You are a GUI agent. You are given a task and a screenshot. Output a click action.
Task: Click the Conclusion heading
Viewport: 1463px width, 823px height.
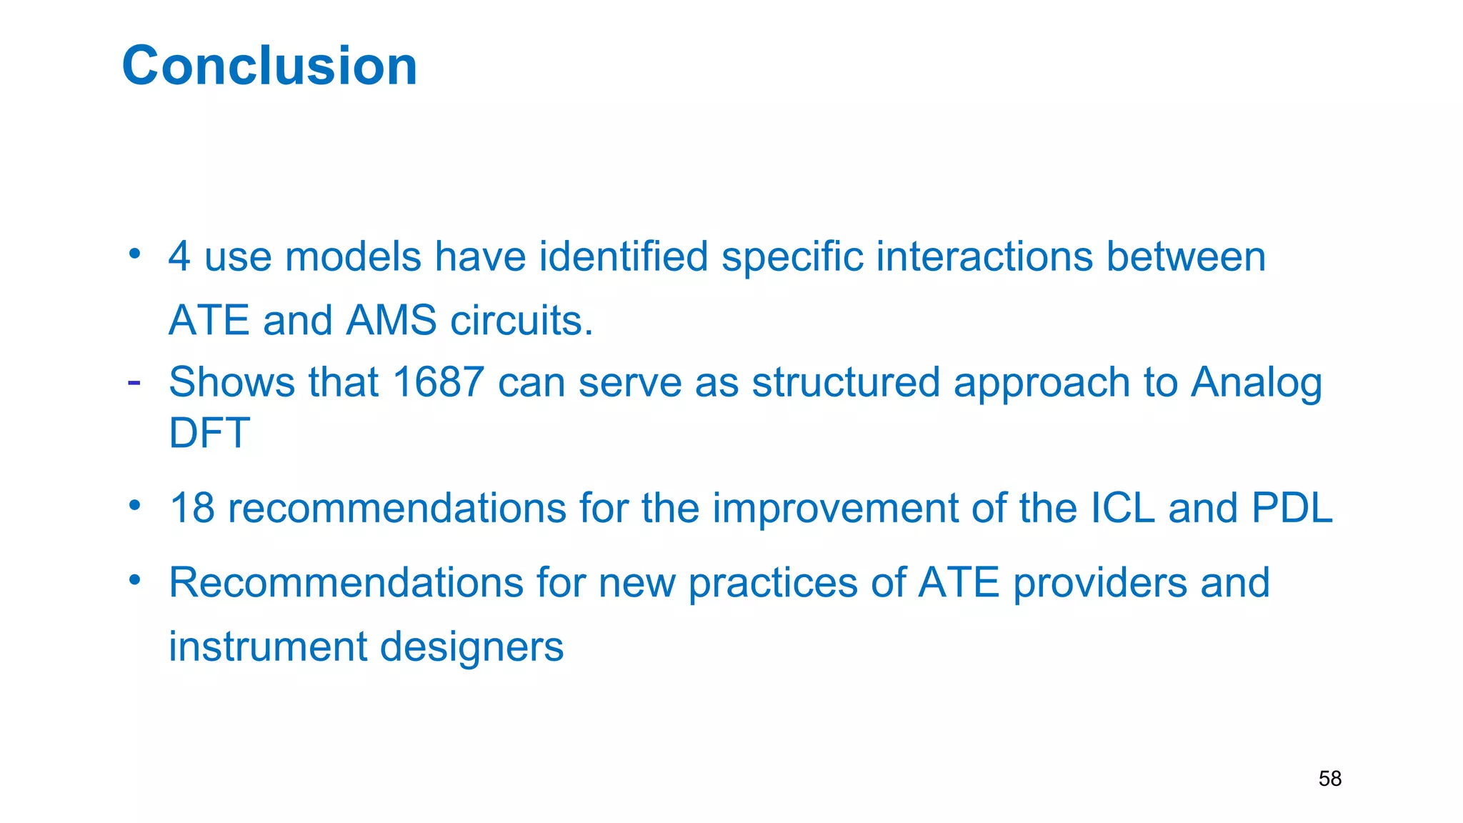pyautogui.click(x=269, y=66)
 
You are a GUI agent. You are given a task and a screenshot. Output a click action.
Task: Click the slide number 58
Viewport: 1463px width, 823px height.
pyautogui.click(x=1329, y=778)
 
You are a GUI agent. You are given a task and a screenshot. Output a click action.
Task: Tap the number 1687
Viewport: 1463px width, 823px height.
pyautogui.click(x=439, y=382)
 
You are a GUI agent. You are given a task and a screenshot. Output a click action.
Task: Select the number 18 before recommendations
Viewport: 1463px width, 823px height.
pyautogui.click(x=191, y=508)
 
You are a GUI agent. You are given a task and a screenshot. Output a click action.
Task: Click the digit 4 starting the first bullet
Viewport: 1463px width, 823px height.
pyautogui.click(x=179, y=256)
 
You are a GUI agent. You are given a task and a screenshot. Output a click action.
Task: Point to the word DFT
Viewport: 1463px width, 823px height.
pyautogui.click(x=209, y=433)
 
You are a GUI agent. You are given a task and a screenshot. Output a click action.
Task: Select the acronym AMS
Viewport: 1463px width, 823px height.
pyautogui.click(x=391, y=320)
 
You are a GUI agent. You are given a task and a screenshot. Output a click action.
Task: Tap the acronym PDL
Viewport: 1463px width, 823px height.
pyautogui.click(x=1292, y=508)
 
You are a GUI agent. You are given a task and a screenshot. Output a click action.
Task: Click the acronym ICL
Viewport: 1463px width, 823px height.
pyautogui.click(x=1123, y=508)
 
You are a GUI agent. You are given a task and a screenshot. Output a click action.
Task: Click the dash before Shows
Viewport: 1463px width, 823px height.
pyautogui.click(x=134, y=383)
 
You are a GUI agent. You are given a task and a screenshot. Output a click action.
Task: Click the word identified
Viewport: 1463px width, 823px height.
pyautogui.click(x=623, y=256)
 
